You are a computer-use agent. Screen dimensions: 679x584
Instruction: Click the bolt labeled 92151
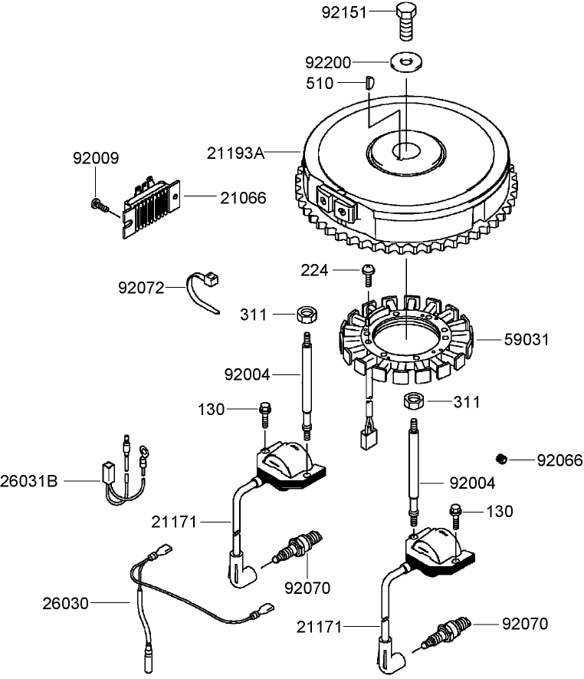click(407, 21)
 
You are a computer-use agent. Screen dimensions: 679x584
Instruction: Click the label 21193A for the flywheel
click(235, 153)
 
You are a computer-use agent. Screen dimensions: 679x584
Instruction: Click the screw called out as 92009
click(97, 203)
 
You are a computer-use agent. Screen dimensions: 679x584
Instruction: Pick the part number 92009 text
click(96, 159)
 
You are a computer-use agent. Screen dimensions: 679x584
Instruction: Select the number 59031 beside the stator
click(527, 339)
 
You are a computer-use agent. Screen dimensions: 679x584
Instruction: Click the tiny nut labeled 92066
click(501, 459)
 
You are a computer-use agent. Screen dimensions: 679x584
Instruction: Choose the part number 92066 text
click(559, 460)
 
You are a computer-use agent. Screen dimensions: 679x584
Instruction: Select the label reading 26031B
click(31, 481)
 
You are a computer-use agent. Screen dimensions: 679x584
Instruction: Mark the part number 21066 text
click(243, 198)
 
